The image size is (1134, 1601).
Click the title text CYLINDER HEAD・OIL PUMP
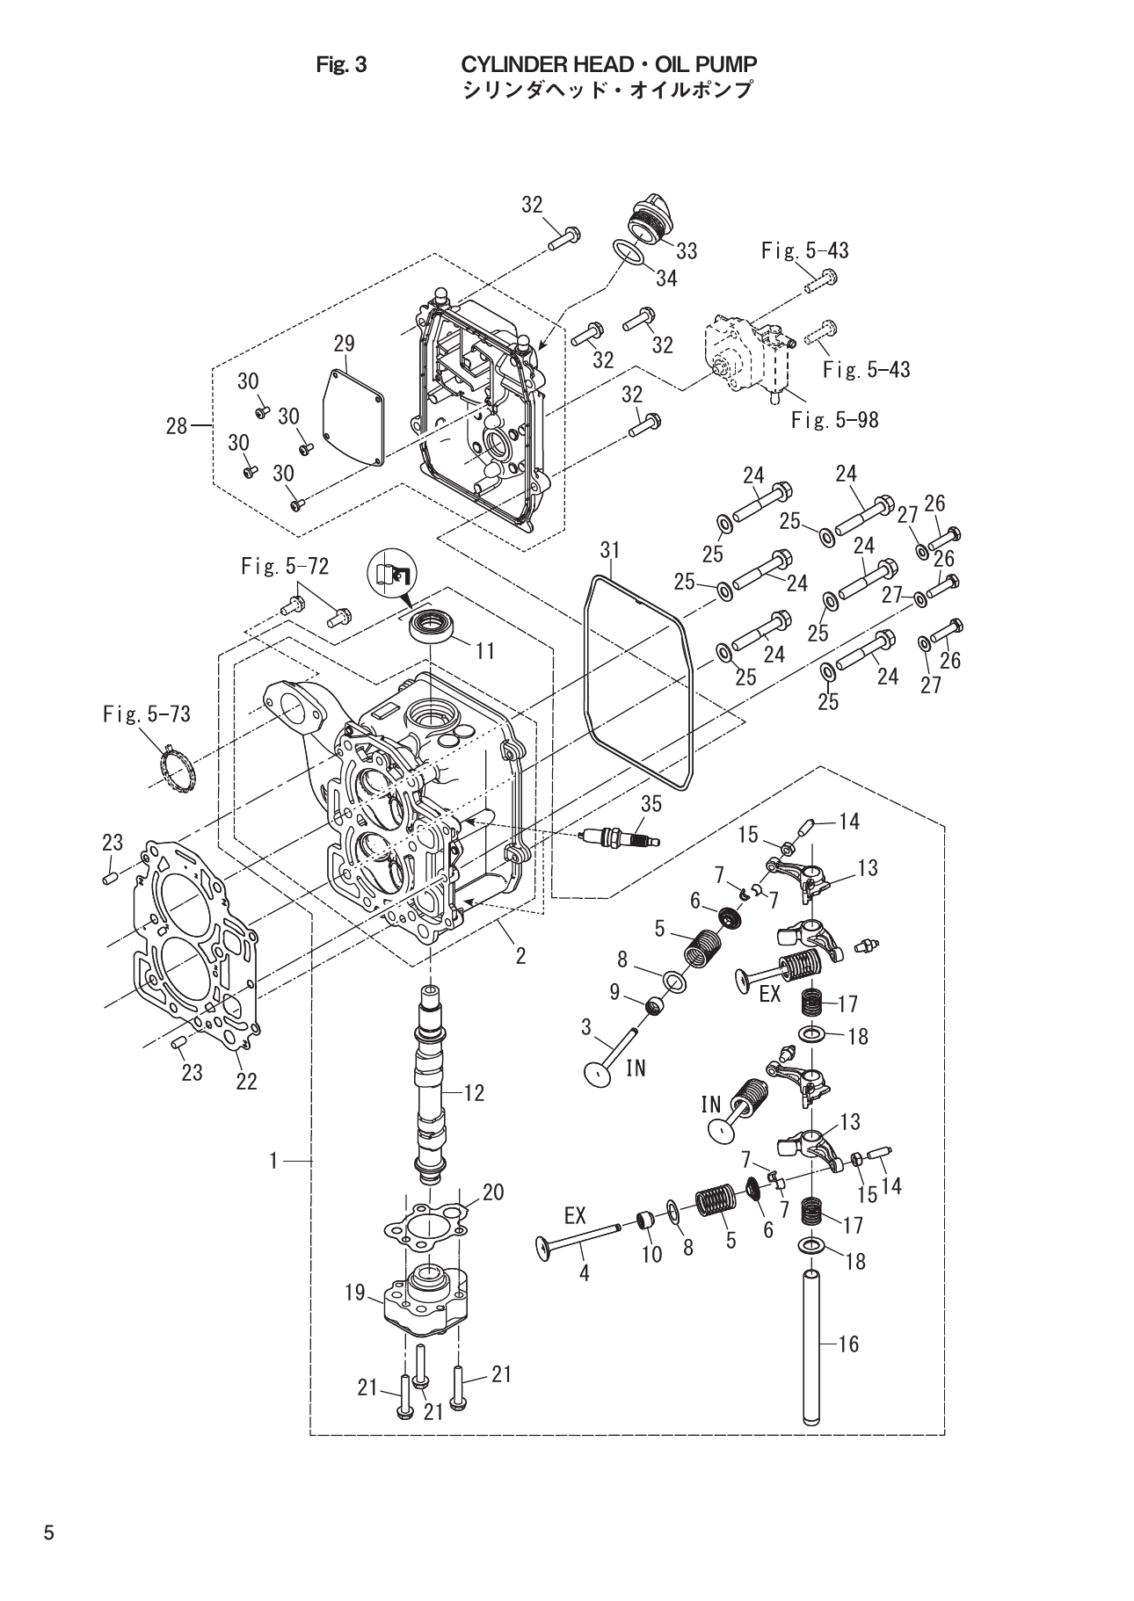[x=609, y=64]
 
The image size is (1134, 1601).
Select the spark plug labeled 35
[x=621, y=837]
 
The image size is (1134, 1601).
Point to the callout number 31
[x=610, y=550]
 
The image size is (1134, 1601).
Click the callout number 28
[x=177, y=426]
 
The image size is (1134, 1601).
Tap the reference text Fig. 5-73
[x=146, y=714]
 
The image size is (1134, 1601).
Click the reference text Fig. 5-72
[x=284, y=567]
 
